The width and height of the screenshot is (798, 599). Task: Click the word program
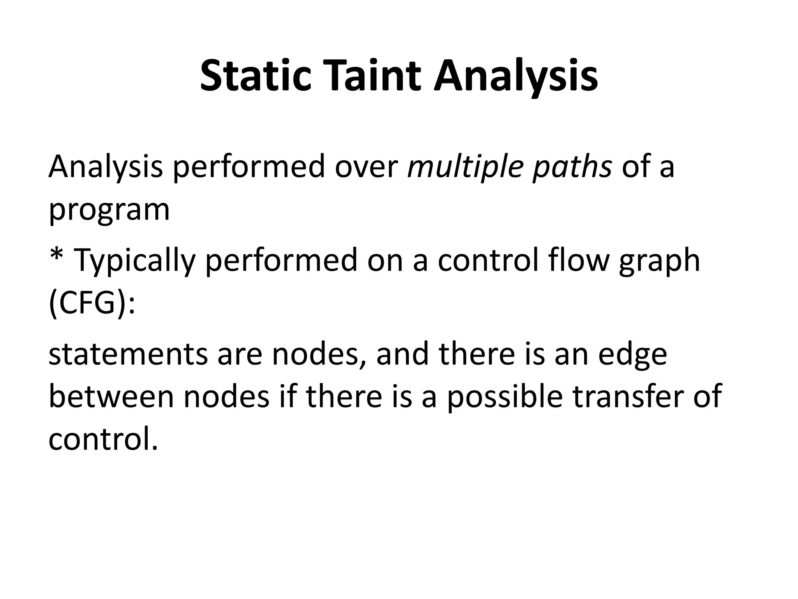(109, 211)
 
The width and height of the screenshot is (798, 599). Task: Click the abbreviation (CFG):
(92, 304)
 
